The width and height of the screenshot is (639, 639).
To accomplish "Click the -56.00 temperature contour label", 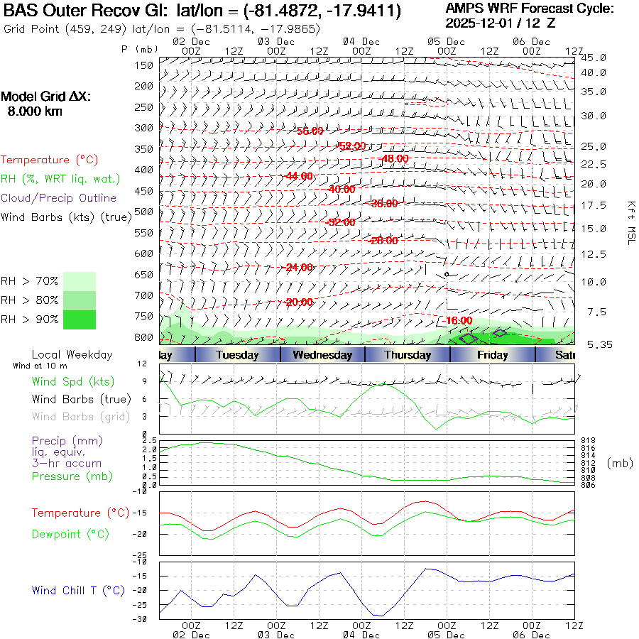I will pyautogui.click(x=310, y=131).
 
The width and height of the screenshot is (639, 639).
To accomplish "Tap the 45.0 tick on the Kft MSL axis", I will pyautogui.click(x=594, y=58).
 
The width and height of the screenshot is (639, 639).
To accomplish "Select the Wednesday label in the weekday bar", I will pyautogui.click(x=322, y=355).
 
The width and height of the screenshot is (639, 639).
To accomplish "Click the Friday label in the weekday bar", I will pyautogui.click(x=492, y=355).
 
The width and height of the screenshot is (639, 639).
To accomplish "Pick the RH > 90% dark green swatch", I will pyautogui.click(x=80, y=319).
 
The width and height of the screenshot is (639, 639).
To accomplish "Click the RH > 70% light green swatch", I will pyautogui.click(x=80, y=281).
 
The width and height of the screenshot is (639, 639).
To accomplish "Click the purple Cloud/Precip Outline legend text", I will pyautogui.click(x=59, y=197).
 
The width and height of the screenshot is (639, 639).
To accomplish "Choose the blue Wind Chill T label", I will pyautogui.click(x=78, y=590).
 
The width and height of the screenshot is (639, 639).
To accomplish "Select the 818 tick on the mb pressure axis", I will pyautogui.click(x=588, y=441).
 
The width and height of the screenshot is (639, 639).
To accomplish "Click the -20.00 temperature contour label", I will pyautogui.click(x=299, y=302).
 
